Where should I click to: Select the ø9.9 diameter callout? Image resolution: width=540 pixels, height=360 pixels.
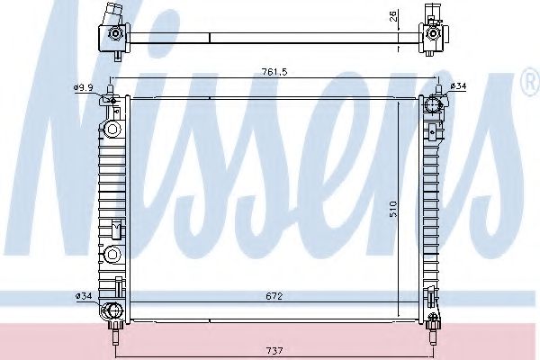point(84,87)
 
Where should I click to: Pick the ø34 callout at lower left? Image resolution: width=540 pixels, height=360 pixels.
point(84,295)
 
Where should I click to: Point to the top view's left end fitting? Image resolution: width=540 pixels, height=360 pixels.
point(114,35)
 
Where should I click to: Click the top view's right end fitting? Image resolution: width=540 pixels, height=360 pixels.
point(433,35)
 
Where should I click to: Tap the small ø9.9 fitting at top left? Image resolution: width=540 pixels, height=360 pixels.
point(109,96)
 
